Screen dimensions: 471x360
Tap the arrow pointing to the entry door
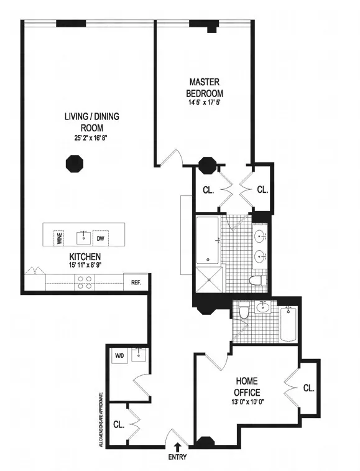pyautogui.click(x=178, y=445)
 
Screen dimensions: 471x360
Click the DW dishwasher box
pyautogui.click(x=99, y=238)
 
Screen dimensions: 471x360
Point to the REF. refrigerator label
pyautogui.click(x=136, y=282)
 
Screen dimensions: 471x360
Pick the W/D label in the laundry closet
pyautogui.click(x=119, y=357)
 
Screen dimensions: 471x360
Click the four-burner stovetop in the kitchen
pyautogui.click(x=85, y=283)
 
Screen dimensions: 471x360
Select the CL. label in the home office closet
pyautogui.click(x=308, y=388)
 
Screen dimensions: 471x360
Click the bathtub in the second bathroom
pyautogui.click(x=288, y=324)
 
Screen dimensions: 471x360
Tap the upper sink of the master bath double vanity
pyautogui.click(x=260, y=236)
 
